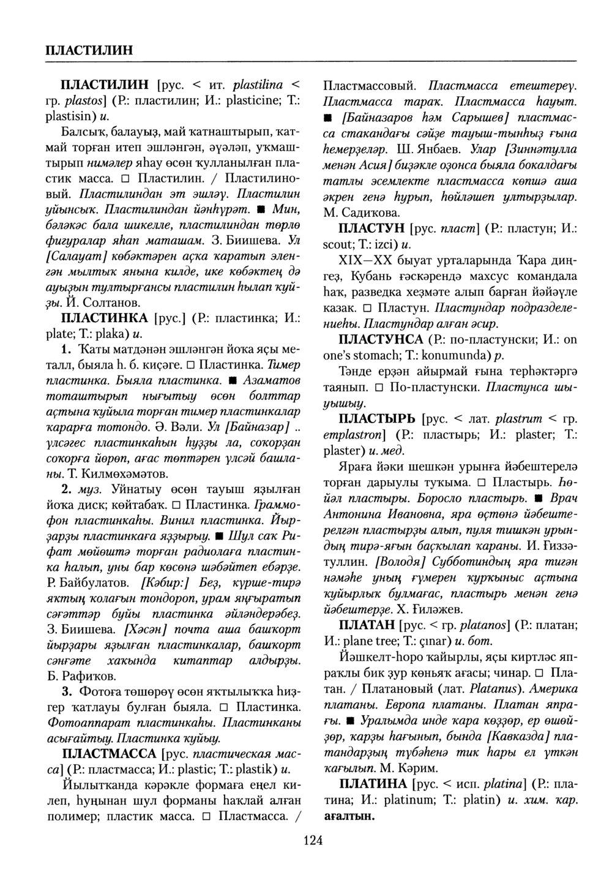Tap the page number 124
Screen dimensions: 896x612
click(312, 840)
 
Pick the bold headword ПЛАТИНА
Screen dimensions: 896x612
click(373, 784)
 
